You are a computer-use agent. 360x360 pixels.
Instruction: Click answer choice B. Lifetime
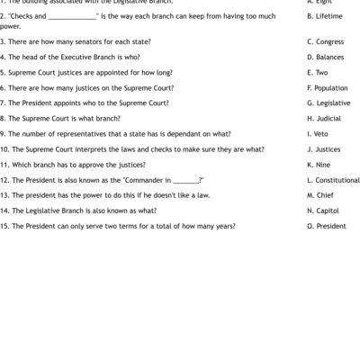click(323, 16)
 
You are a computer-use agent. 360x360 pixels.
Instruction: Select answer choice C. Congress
click(324, 41)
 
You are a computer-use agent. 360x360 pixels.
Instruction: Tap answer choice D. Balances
click(324, 57)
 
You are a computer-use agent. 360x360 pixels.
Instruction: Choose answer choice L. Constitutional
click(333, 179)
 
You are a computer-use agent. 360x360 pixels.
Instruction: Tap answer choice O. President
click(326, 225)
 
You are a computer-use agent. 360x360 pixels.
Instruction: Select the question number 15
click(4, 225)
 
